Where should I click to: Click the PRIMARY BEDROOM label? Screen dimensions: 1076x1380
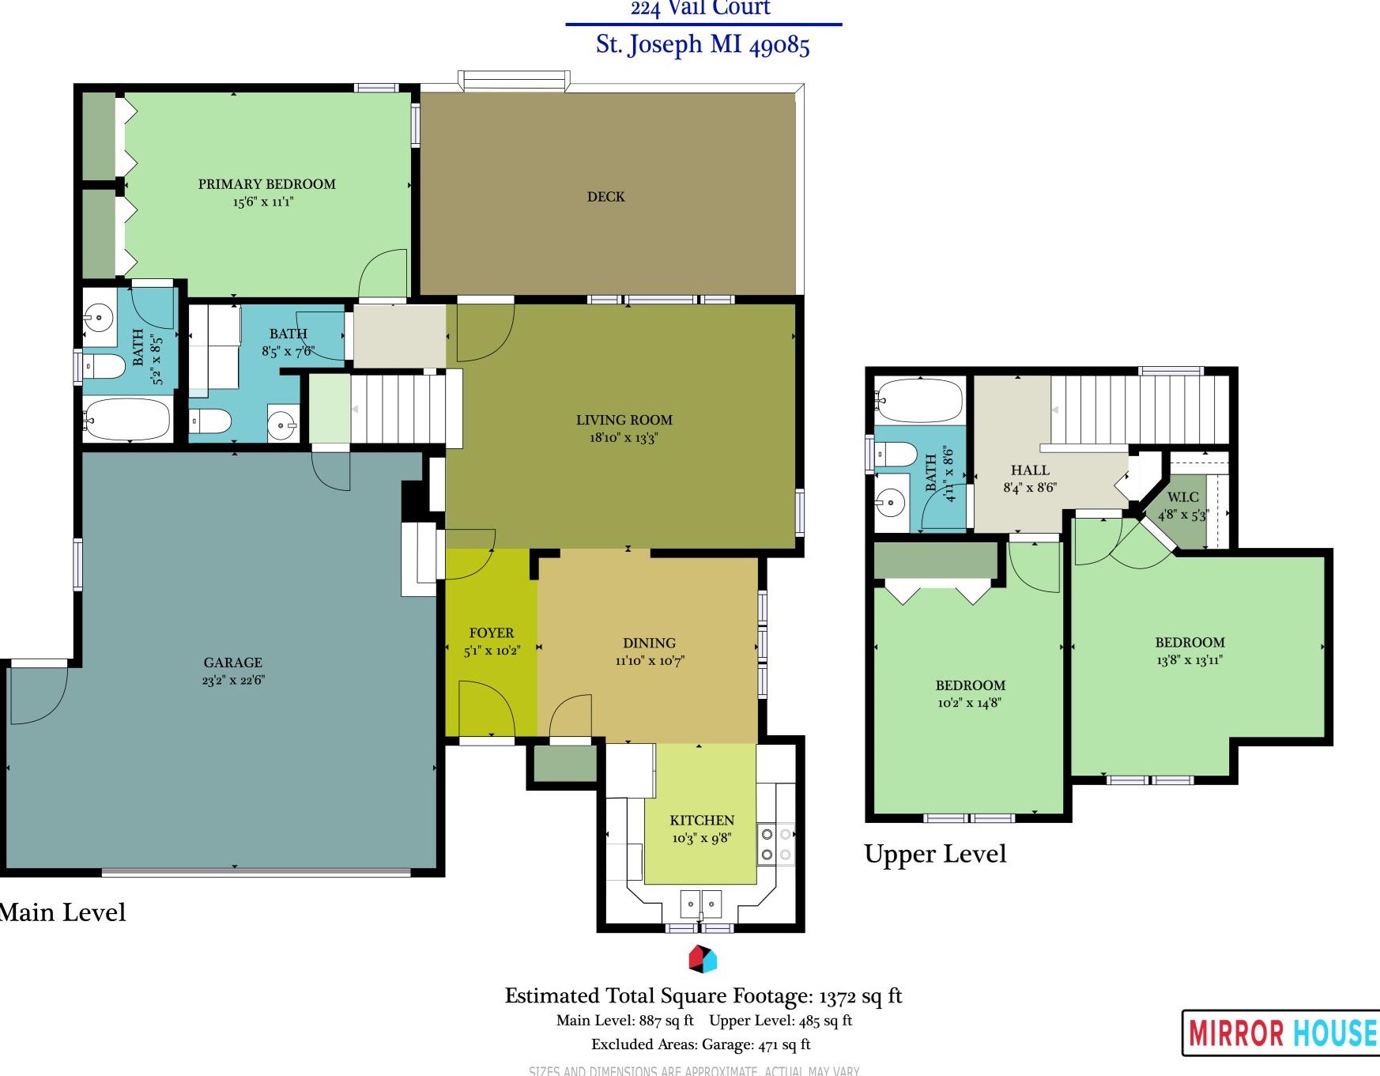click(266, 184)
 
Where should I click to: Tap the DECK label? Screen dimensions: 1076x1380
click(605, 197)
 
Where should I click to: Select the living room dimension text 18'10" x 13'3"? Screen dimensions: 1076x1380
click(624, 438)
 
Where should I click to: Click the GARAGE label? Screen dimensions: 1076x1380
click(232, 663)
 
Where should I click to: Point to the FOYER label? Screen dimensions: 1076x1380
click(491, 633)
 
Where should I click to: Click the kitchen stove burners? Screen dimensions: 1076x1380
click(775, 844)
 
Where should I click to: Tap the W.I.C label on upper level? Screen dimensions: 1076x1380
click(1182, 497)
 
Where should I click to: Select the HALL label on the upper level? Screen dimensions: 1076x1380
click(1030, 470)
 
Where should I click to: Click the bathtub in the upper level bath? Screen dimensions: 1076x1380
click(920, 401)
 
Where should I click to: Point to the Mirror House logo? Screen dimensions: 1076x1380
click(1280, 1033)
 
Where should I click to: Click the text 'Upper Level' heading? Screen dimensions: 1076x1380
click(935, 854)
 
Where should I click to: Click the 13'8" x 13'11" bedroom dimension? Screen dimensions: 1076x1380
click(1189, 660)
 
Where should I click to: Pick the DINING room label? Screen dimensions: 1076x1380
click(649, 644)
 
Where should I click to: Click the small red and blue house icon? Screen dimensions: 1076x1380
click(702, 959)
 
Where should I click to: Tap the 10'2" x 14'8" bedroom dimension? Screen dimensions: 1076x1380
click(969, 703)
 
